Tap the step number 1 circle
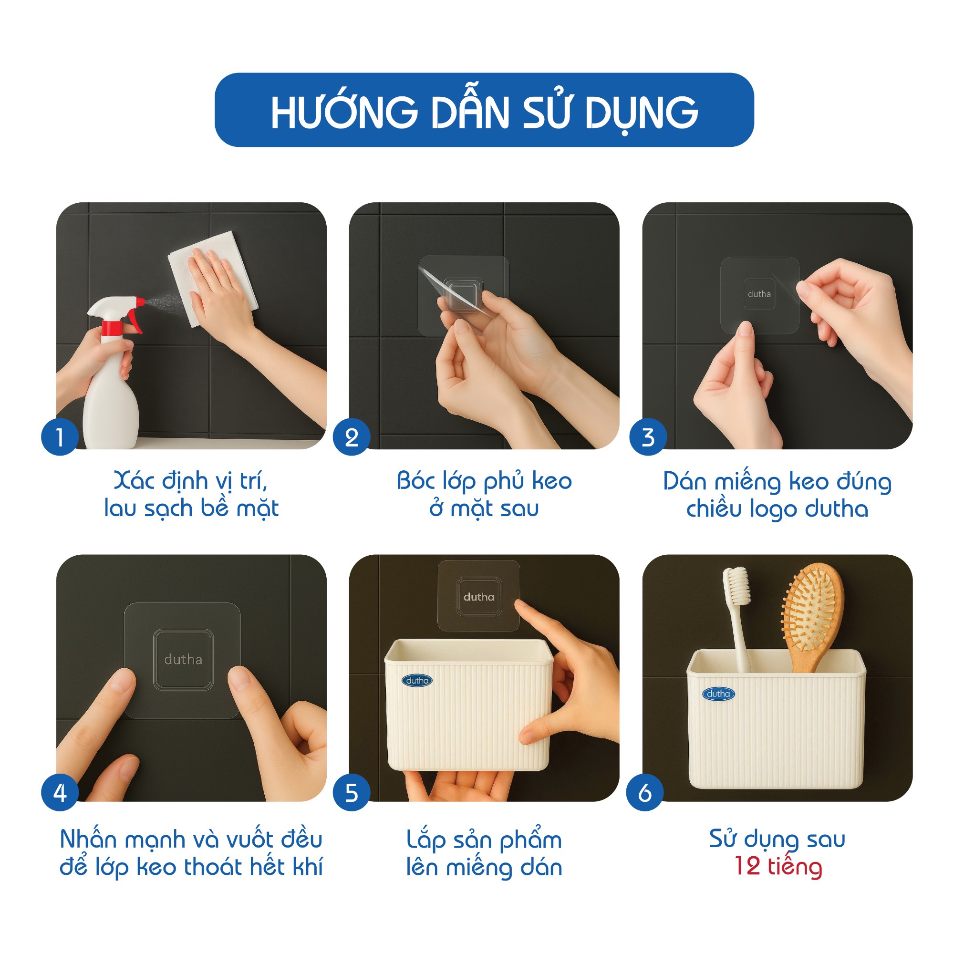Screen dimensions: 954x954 coord(60,437)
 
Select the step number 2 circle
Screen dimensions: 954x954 coord(352,437)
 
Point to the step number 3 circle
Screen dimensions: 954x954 coord(648,437)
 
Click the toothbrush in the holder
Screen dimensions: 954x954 coord(738,620)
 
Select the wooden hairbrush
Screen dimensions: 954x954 coord(811,617)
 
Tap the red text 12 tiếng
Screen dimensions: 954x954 coord(778,867)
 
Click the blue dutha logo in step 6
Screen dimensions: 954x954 coord(718,694)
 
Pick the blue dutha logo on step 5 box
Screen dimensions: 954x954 coord(417,681)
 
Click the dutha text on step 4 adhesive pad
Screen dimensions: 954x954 coord(183,659)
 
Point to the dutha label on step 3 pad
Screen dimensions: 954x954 coord(759,294)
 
